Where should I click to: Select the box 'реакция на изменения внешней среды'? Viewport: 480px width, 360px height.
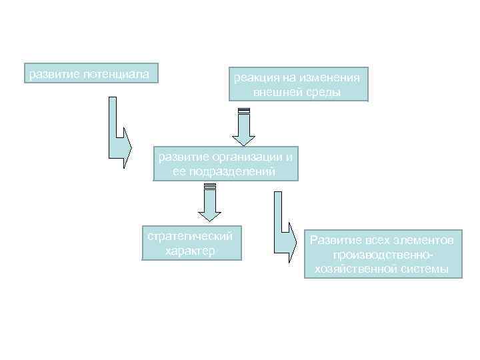[x=297, y=85]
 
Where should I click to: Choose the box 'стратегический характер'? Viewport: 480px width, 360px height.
[x=190, y=243]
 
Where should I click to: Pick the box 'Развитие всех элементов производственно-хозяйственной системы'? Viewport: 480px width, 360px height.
[x=383, y=254]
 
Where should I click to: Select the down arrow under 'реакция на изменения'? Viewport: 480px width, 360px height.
[x=243, y=127]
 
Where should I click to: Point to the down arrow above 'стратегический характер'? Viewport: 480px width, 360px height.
[x=209, y=203]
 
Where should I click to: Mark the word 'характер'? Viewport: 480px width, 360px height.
[x=190, y=251]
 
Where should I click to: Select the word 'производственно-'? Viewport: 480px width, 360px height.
[x=383, y=255]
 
